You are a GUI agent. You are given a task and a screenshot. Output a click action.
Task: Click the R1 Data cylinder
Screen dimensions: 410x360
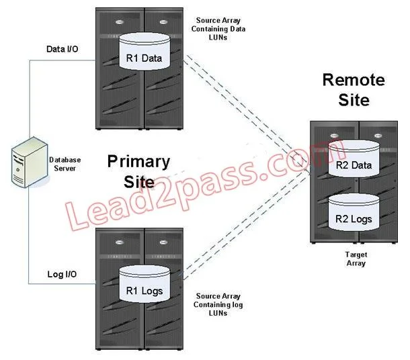coord(145,52)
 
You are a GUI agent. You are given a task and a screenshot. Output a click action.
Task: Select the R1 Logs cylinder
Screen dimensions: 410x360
coord(145,284)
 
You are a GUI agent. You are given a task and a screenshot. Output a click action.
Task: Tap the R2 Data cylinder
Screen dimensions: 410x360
coord(354,159)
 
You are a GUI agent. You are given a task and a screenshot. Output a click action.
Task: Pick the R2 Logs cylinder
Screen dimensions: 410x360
coord(354,212)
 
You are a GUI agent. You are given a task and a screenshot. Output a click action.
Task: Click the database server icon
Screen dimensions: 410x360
coord(30,162)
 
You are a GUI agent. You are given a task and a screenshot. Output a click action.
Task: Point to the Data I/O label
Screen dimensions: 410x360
coord(63,49)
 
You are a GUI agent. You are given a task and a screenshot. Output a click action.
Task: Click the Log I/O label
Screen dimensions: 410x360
coord(62,274)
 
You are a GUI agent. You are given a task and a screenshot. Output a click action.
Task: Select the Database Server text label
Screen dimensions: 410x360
coord(65,164)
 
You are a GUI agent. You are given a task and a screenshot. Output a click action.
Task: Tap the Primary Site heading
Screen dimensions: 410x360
coord(138,172)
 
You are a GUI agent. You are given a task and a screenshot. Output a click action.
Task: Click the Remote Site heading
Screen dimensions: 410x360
coord(354,89)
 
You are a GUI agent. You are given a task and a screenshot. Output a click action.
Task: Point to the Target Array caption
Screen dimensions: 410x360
coord(356,259)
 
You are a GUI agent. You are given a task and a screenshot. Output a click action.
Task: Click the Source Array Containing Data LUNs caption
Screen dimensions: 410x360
coord(218,29)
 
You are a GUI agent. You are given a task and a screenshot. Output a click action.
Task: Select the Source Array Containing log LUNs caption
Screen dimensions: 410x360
coord(218,305)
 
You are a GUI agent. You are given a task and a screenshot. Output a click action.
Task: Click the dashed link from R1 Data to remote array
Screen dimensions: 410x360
coord(247,115)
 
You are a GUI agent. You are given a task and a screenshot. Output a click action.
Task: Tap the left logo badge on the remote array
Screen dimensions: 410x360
coord(334,136)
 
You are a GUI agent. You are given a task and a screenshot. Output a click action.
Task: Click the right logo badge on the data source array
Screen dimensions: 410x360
coord(163,22)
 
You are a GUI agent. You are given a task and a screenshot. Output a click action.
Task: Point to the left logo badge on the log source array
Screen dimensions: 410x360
coord(120,242)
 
